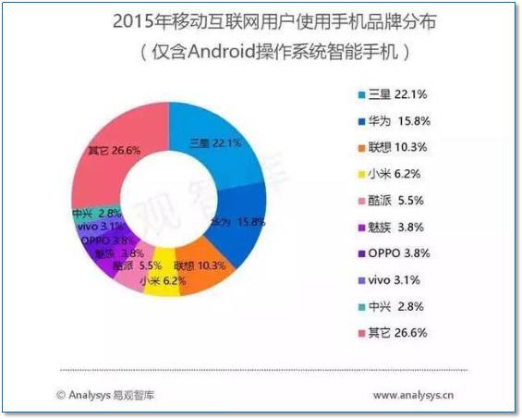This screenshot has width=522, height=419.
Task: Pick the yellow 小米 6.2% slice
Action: pyautogui.click(x=158, y=274)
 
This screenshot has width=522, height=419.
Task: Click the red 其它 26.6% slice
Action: pyautogui.click(x=111, y=153)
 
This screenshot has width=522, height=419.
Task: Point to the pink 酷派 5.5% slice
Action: pyautogui.click(x=129, y=266)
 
